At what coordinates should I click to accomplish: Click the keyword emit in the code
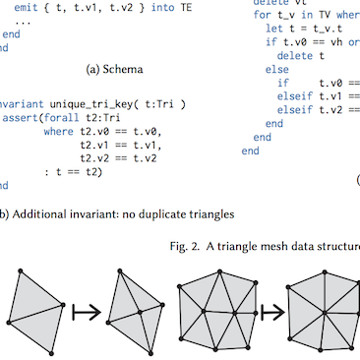29,7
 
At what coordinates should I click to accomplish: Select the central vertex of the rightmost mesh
322,314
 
